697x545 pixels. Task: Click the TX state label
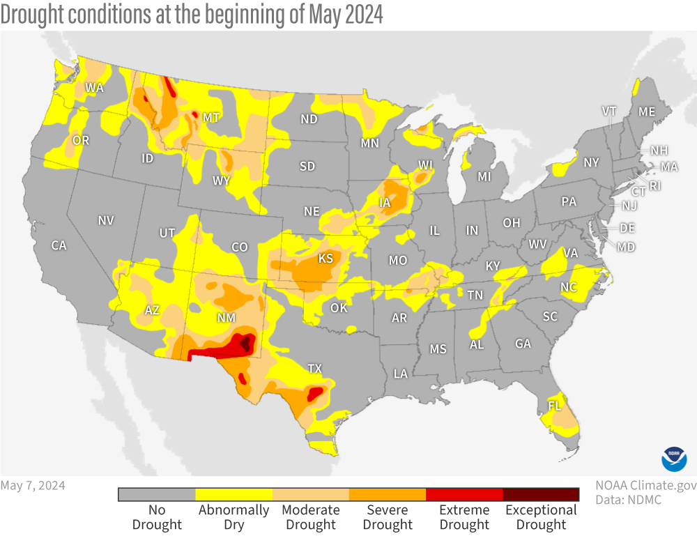315,369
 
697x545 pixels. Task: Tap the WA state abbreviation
94,88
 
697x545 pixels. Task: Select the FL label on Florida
555,405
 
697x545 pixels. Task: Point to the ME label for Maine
647,112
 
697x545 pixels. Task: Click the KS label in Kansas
325,259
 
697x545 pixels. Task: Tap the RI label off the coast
655,185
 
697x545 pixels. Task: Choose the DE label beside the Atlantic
627,228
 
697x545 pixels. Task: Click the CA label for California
59,245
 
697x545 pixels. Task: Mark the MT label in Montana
211,118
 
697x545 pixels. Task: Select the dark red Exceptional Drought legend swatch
541,494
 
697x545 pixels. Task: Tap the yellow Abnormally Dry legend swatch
233,494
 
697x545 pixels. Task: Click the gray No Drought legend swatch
157,494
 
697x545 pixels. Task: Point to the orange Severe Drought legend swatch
388,494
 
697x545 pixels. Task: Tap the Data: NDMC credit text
628,500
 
